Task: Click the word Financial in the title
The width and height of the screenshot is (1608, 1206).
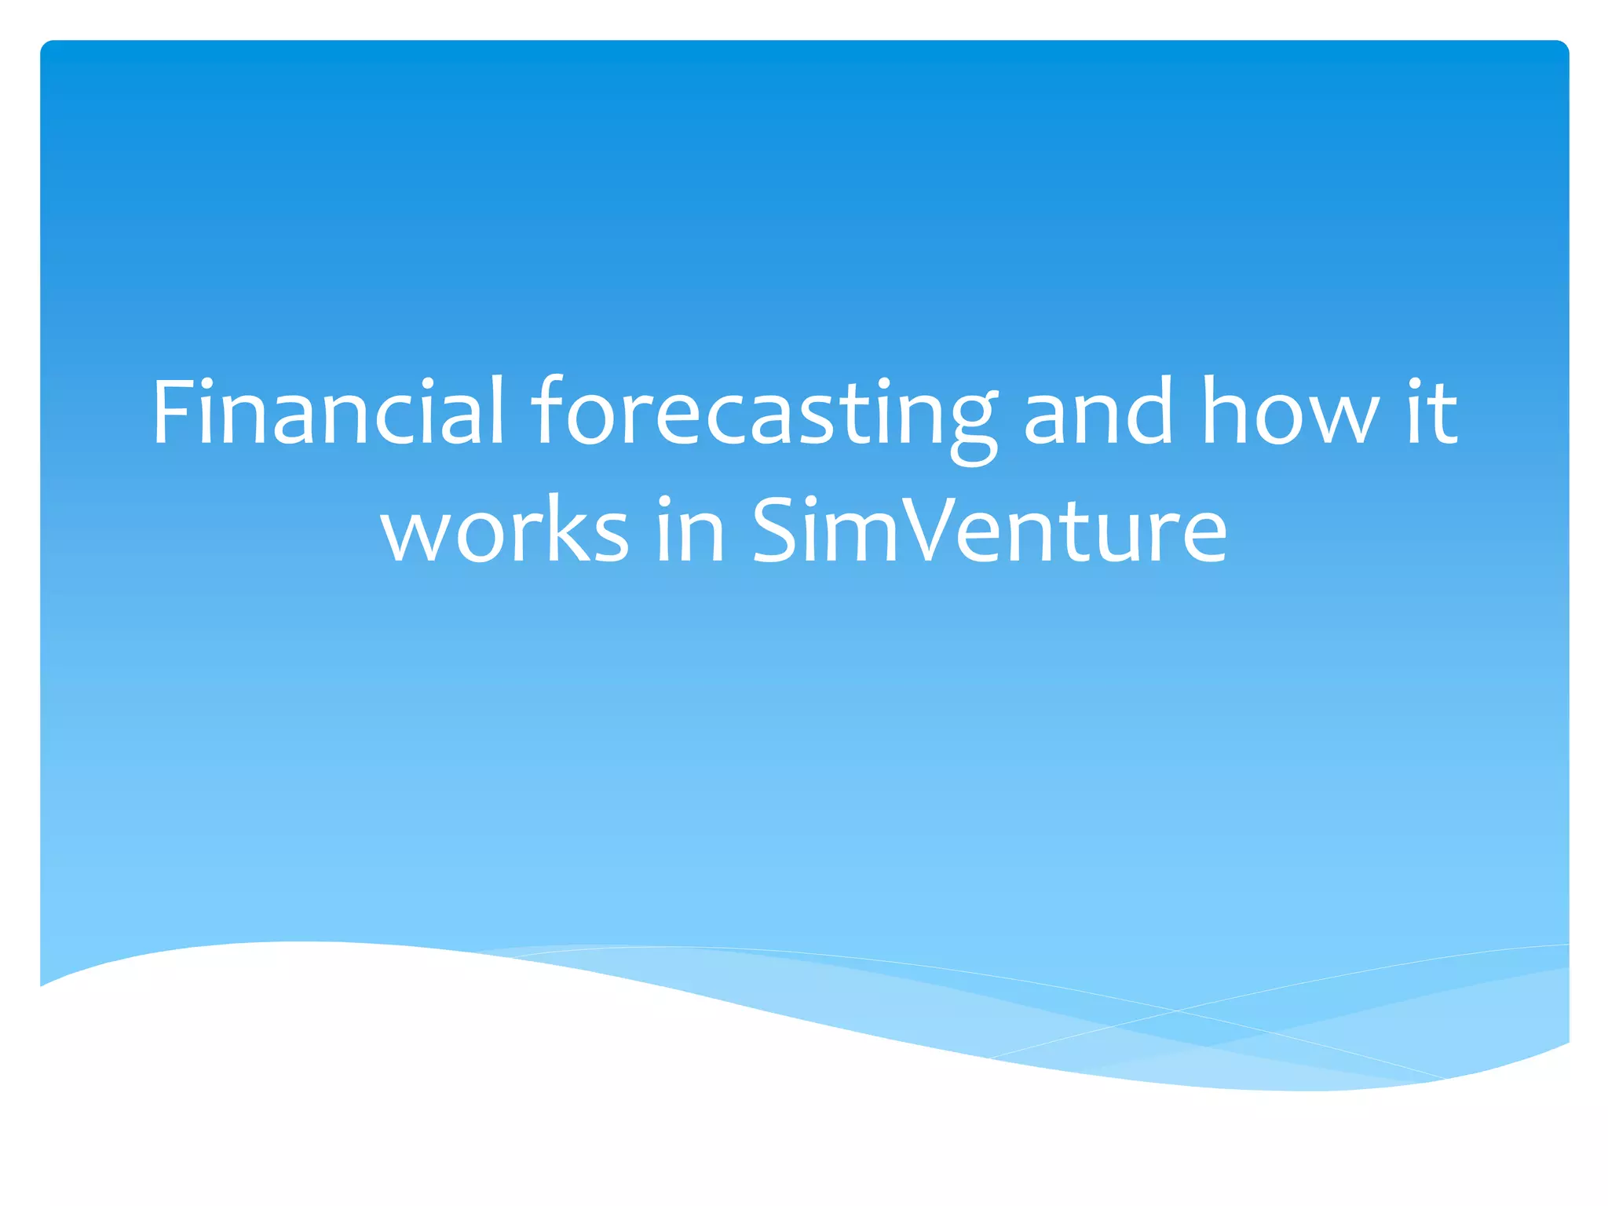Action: [x=328, y=411]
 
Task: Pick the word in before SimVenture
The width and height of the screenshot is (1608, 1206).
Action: [x=689, y=529]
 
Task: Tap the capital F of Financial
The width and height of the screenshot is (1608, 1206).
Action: [x=174, y=411]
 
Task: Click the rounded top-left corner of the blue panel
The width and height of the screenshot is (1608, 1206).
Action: [x=47, y=48]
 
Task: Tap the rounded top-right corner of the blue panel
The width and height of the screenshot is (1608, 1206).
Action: [x=1561, y=48]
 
